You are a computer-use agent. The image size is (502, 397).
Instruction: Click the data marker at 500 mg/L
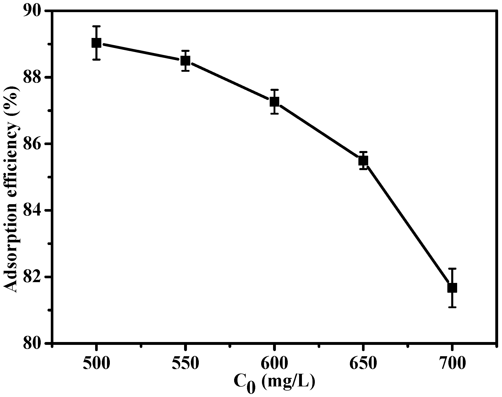pos(96,43)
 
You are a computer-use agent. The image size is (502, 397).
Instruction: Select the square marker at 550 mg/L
pos(185,61)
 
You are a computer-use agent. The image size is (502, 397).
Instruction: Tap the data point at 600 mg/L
pos(274,102)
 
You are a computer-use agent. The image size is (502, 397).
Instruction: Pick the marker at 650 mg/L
pos(363,161)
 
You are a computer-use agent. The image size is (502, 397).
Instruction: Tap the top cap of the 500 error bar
pos(96,26)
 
